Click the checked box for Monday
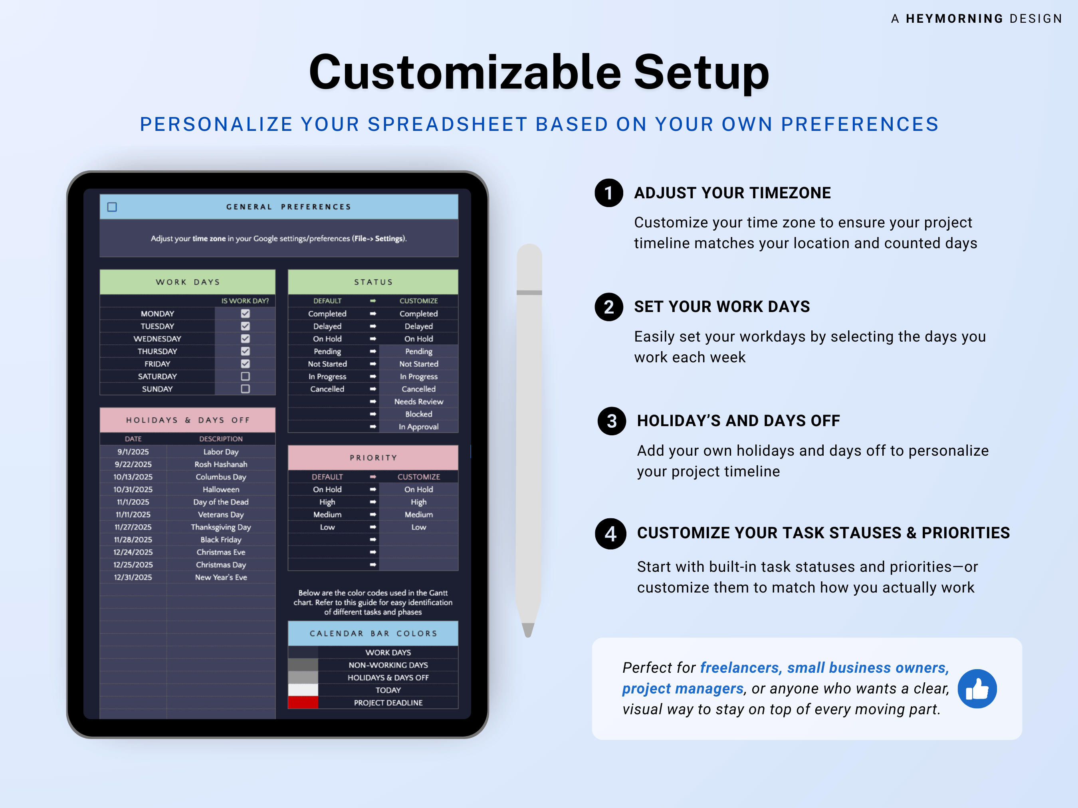coord(245,314)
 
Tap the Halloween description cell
coord(221,490)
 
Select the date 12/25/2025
coord(133,565)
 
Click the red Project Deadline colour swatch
coord(303,702)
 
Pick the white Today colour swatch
coord(303,689)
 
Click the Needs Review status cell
coord(419,402)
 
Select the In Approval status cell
coord(419,427)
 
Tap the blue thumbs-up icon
coord(977,689)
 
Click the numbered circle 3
coord(612,421)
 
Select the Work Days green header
coord(188,282)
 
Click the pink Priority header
coord(373,458)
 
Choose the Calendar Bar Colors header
coord(373,633)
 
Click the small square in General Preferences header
coord(112,207)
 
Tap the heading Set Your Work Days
coord(721,307)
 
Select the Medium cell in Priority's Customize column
coord(419,515)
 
